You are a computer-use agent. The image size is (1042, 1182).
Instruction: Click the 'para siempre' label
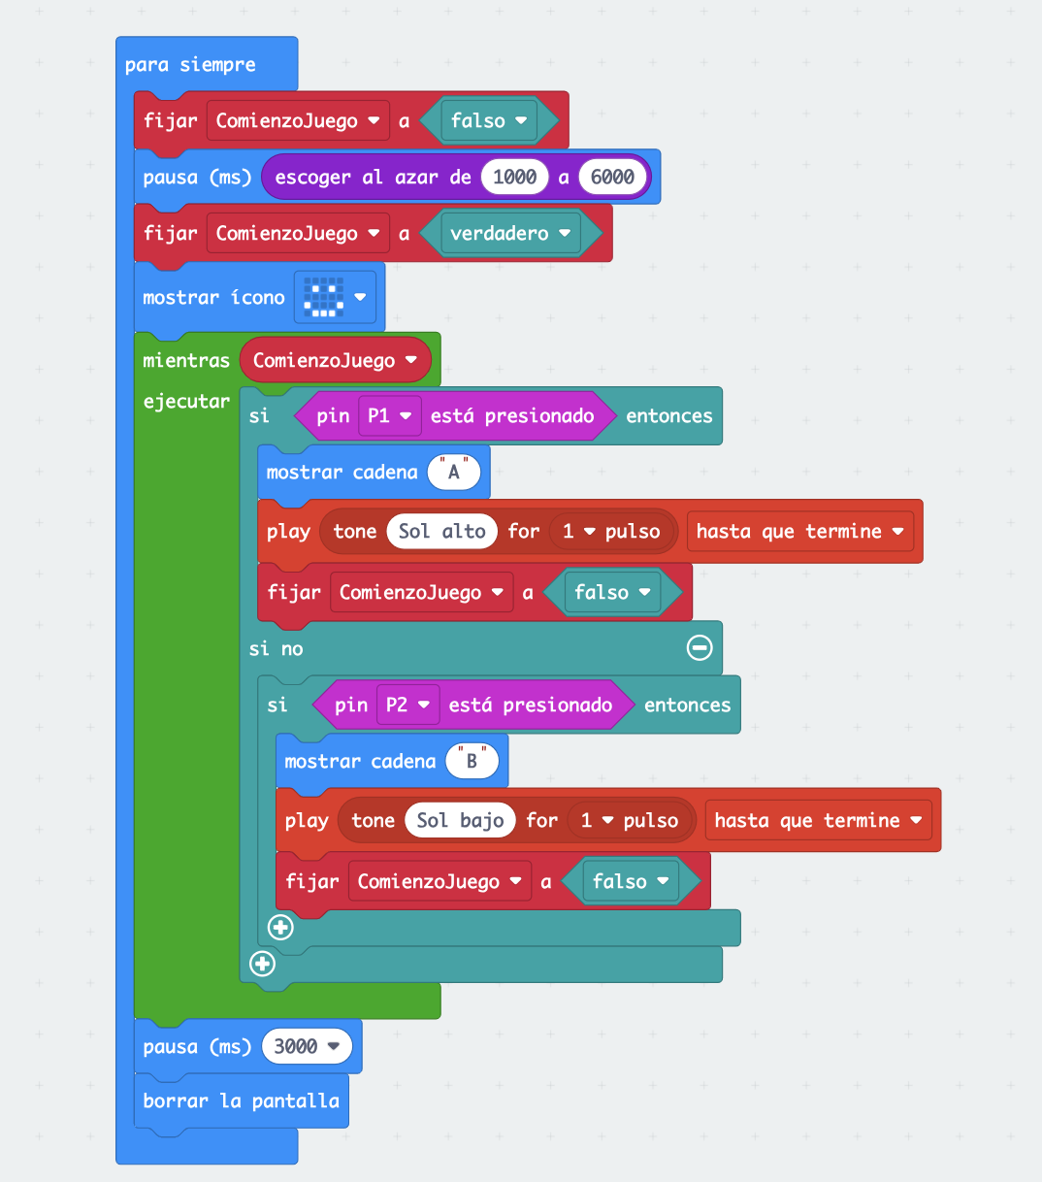pos(190,65)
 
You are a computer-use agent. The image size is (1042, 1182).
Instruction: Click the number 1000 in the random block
pos(514,177)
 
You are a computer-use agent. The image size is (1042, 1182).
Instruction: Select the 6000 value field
pos(612,177)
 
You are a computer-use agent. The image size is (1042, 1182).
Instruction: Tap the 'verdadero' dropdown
pos(510,233)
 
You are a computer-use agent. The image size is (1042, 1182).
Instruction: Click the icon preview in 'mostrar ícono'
pos(324,298)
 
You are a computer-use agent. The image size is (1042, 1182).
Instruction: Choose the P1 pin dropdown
pos(389,415)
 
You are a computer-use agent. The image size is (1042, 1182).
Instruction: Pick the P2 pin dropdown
pos(407,705)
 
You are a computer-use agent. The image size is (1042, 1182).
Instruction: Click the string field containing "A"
pos(453,473)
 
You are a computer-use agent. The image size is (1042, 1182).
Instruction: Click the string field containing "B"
pos(472,762)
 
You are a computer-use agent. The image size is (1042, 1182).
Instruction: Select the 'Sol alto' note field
pos(441,531)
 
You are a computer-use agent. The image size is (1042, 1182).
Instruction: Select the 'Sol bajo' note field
pos(460,820)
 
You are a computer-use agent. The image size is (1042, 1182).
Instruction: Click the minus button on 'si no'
pos(699,647)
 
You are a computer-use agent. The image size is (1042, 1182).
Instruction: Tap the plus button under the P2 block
pos(280,928)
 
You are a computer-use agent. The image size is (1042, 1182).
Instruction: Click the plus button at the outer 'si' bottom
pos(262,964)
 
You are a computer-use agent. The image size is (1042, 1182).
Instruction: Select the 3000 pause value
pos(306,1046)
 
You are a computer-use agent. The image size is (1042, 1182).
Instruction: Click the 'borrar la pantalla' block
pos(241,1100)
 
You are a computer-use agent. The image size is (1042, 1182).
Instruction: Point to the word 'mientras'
pos(186,360)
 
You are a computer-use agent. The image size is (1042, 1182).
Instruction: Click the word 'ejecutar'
pos(186,401)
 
